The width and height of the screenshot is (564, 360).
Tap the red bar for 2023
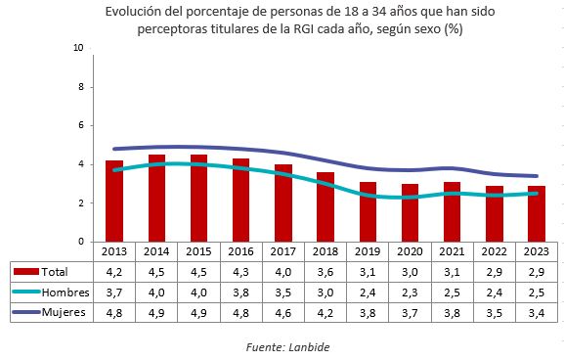(x=537, y=214)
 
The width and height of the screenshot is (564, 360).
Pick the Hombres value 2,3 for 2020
(x=411, y=292)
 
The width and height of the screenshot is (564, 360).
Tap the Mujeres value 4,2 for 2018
(x=325, y=312)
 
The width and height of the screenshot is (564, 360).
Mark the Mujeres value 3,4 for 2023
(x=537, y=312)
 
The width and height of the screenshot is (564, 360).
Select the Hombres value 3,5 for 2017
(x=283, y=292)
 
